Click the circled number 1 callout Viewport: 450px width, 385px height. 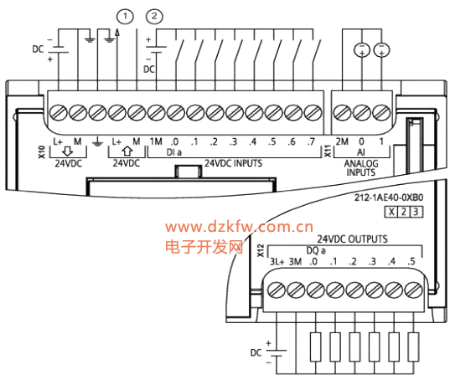click(125, 17)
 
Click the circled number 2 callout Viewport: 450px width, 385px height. click(154, 17)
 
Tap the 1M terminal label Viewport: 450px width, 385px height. click(156, 141)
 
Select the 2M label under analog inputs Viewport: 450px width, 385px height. click(342, 141)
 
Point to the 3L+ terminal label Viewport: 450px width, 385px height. click(277, 261)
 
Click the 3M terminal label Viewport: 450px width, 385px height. click(295, 261)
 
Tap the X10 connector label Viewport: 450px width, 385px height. click(42, 152)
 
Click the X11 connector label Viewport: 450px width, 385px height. click(328, 151)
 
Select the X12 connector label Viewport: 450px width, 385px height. click(261, 250)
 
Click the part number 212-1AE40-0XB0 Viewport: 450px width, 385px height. click(389, 198)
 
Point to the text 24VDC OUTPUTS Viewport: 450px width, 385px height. click(352, 239)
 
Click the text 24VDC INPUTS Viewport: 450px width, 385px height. click(233, 163)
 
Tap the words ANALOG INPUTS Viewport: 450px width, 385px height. click(361, 167)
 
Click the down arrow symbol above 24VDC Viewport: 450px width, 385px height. click(68, 151)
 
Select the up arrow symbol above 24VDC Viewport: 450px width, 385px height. click(127, 151)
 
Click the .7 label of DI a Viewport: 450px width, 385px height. click(311, 141)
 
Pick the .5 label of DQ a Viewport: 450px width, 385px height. click(411, 261)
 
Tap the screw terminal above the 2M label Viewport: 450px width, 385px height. click(343, 113)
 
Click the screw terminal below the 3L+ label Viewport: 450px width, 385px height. click(276, 290)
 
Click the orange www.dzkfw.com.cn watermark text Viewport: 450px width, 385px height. click(239, 227)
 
